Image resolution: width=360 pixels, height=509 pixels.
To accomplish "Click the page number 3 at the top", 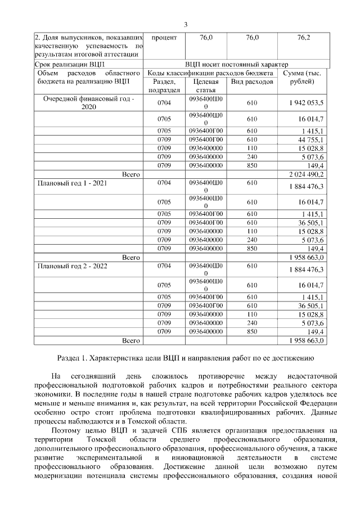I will [185, 24].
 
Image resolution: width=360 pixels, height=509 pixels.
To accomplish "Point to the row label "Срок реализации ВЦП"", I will [66, 65].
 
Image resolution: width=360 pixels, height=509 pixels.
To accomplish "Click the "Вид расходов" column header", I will [252, 82].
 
